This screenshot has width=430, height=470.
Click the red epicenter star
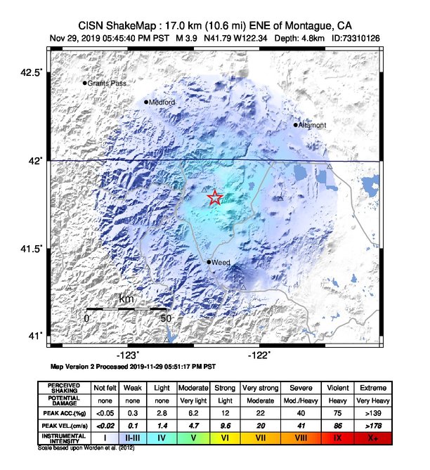(x=215, y=198)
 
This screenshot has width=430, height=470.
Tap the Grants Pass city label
(x=105, y=84)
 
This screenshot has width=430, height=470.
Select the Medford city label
(x=162, y=103)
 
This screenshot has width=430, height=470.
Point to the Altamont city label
(x=313, y=126)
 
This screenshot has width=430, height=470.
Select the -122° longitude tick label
(x=259, y=355)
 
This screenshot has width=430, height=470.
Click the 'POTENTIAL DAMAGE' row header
(x=63, y=400)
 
